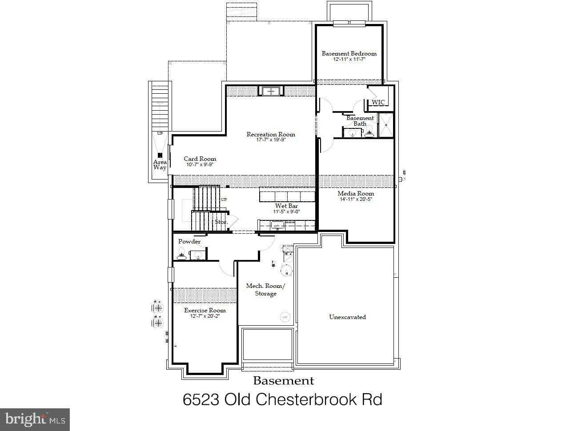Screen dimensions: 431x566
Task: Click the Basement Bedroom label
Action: coord(349,53)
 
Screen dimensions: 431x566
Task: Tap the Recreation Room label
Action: coord(271,134)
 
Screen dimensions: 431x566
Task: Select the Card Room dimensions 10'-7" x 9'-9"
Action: coord(200,164)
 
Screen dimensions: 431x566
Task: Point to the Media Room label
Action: coord(356,193)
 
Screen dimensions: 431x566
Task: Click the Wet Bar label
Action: coord(286,206)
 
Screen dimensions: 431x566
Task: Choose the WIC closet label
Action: coord(378,102)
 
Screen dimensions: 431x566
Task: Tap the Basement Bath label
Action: coord(360,121)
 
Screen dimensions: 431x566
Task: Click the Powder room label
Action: coord(189,241)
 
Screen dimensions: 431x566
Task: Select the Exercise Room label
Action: coord(205,310)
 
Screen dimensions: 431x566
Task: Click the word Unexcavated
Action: coord(347,317)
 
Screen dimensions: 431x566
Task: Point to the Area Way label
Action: coord(160,165)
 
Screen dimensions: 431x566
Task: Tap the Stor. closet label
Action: coord(221,222)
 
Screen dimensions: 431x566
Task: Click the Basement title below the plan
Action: coord(283,381)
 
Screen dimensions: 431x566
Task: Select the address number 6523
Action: coord(201,399)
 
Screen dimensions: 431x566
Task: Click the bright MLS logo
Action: coord(35,419)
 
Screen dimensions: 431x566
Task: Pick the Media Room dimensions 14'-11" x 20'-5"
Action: coord(355,200)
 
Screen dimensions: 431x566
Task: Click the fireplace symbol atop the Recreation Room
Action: coord(270,92)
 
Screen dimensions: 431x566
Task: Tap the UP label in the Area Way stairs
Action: coord(160,133)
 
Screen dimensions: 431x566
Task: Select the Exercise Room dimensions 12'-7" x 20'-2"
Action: coord(205,316)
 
